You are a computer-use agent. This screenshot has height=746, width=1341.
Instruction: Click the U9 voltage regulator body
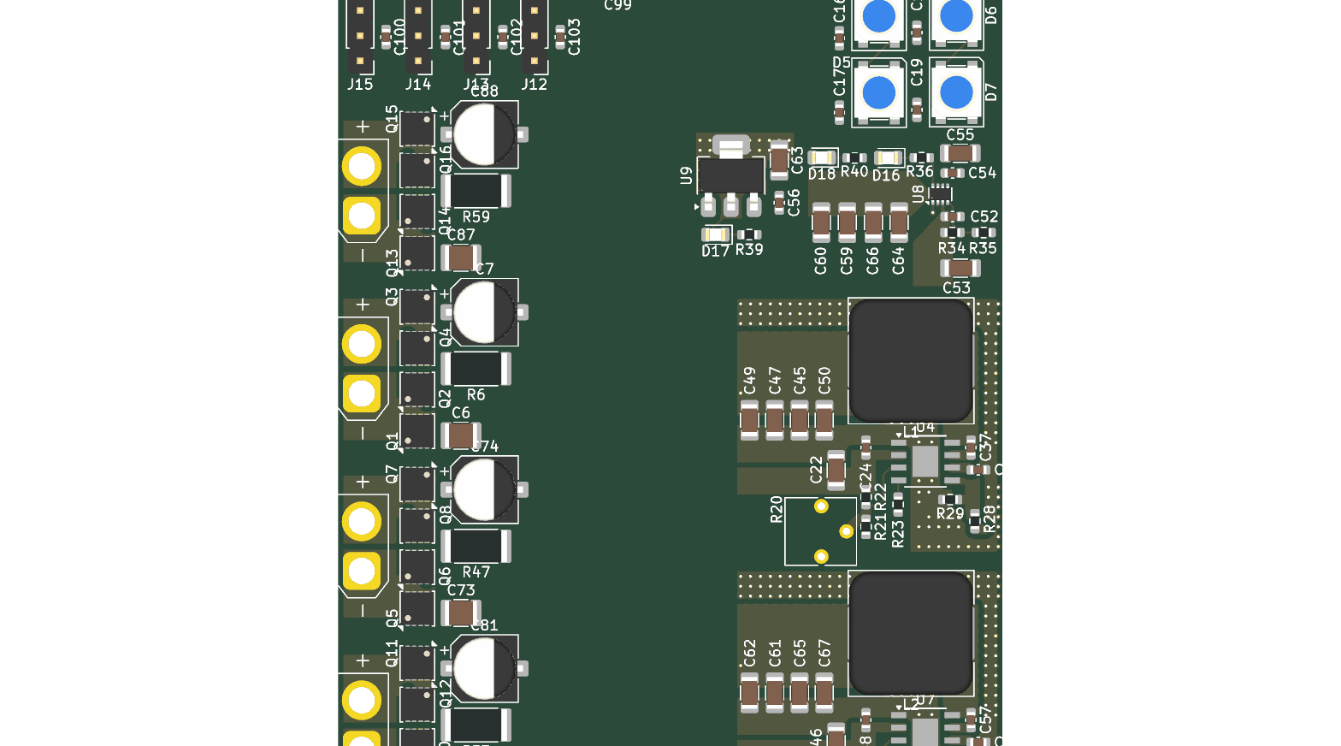tap(730, 175)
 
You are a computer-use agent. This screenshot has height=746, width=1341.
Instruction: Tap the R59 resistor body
tap(476, 191)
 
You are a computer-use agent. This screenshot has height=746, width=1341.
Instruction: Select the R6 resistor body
tap(476, 369)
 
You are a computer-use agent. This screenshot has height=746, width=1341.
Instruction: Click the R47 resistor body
tap(476, 547)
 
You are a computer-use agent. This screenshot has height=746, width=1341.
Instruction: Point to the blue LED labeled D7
tap(956, 92)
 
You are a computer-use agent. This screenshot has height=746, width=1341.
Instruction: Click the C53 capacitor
tap(960, 268)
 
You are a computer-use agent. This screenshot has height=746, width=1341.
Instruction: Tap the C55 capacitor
tap(960, 153)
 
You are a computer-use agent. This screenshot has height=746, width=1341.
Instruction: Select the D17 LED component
tap(716, 234)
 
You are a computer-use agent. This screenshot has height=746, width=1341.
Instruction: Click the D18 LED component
tap(822, 157)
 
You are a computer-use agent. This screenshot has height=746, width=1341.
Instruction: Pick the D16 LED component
tap(889, 157)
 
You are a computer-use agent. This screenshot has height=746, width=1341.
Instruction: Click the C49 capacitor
tap(749, 420)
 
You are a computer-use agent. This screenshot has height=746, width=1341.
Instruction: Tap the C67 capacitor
tap(824, 692)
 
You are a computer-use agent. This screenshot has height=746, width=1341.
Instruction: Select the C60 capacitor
tap(821, 222)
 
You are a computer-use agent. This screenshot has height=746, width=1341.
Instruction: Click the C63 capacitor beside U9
tap(779, 160)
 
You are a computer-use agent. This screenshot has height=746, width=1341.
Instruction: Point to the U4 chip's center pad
tap(925, 462)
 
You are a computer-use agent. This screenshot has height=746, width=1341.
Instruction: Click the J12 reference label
tap(535, 84)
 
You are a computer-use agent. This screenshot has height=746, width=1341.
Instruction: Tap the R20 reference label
tap(777, 510)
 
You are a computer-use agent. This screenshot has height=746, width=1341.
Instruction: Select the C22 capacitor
tap(836, 471)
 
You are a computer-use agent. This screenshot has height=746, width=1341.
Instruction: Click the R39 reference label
tap(749, 250)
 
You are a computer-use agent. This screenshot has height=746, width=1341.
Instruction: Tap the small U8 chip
tap(940, 194)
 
